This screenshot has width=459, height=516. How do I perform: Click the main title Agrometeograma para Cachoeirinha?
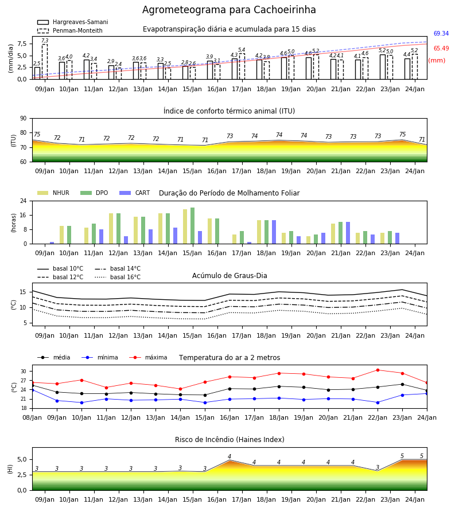tap(229, 10)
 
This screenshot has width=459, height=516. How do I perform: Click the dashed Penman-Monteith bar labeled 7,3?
tap(45, 62)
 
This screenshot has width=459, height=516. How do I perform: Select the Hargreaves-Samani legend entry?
tap(73, 22)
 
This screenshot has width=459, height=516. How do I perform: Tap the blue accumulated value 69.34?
tap(441, 34)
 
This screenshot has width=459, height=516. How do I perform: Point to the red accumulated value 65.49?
tap(441, 48)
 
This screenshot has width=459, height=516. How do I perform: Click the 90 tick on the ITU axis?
tap(24, 119)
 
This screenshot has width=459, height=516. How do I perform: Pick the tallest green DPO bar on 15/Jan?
tap(193, 226)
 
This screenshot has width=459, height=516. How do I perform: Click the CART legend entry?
tap(135, 193)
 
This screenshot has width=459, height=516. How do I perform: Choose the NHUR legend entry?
tap(53, 193)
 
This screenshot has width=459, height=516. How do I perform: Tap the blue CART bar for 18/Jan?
tap(274, 232)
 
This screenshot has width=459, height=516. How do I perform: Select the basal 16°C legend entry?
tap(118, 277)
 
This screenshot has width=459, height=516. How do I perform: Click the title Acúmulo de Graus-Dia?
tap(229, 275)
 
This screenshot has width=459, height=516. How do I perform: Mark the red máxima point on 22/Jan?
tap(378, 370)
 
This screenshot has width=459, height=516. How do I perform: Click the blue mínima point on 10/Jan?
tap(81, 402)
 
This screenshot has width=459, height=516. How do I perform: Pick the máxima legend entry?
tap(148, 357)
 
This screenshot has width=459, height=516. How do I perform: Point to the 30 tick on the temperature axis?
tap(24, 371)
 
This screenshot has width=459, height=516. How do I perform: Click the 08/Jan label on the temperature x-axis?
tap(32, 417)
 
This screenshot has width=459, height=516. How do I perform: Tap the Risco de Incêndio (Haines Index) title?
tap(229, 439)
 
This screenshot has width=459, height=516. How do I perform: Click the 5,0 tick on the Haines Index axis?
tap(21, 459)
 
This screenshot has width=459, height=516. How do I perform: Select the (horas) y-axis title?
tap(14, 223)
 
